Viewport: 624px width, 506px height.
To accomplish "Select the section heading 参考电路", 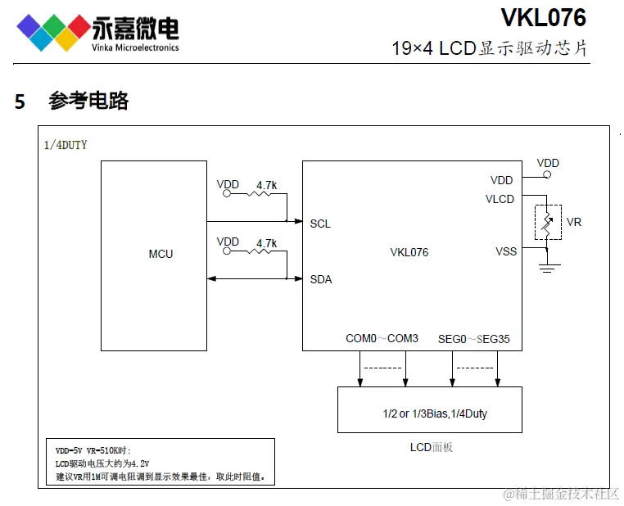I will (x=88, y=102).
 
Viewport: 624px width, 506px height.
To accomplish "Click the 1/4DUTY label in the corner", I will (x=66, y=145).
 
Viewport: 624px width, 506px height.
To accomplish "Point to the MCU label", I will (x=161, y=254).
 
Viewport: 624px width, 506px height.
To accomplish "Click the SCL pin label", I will (x=320, y=224).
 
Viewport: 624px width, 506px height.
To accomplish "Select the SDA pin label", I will (x=320, y=279).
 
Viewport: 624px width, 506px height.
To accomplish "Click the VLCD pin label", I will (x=500, y=199).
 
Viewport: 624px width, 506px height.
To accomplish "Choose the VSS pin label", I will (x=506, y=251).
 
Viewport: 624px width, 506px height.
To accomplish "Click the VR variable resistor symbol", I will (x=548, y=222).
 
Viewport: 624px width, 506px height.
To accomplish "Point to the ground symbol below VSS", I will (x=548, y=267).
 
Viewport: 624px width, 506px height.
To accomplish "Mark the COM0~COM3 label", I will (x=382, y=338).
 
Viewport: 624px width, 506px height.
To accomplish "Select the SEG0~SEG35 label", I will (x=473, y=338).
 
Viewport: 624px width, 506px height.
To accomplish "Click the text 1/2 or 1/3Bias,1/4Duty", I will (x=434, y=413).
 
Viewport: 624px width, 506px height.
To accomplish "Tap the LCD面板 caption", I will (x=431, y=447).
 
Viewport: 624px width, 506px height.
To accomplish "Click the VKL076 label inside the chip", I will (x=409, y=252).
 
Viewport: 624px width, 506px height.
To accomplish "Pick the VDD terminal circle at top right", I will (x=548, y=174).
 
